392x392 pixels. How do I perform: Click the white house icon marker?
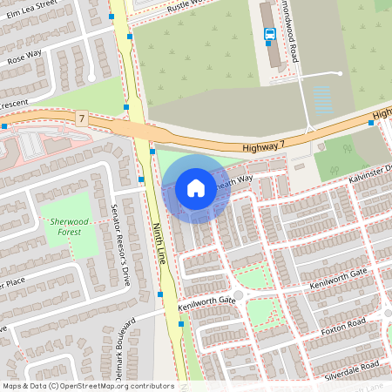[196, 188]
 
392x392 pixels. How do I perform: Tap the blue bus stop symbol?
[270, 35]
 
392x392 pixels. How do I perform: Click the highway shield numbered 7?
[81, 117]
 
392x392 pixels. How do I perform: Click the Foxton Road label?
[345, 326]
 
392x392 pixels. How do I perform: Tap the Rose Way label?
[24, 57]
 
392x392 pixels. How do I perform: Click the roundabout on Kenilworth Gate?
[238, 294]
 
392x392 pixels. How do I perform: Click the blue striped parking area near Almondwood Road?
[322, 100]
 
